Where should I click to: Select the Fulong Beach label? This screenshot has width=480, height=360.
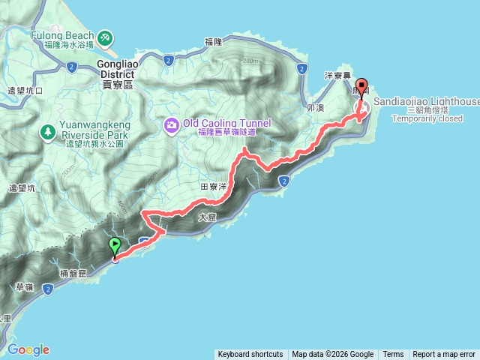click(x=63, y=35)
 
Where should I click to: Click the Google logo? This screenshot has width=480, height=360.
click(x=28, y=349)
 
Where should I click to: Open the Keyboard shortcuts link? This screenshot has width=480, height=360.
click(x=250, y=354)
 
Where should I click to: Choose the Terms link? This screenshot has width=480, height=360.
click(x=393, y=354)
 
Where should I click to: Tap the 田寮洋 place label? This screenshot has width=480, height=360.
click(x=214, y=187)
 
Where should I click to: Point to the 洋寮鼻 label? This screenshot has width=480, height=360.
click(x=337, y=76)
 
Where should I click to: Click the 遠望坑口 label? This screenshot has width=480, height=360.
click(x=26, y=90)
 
